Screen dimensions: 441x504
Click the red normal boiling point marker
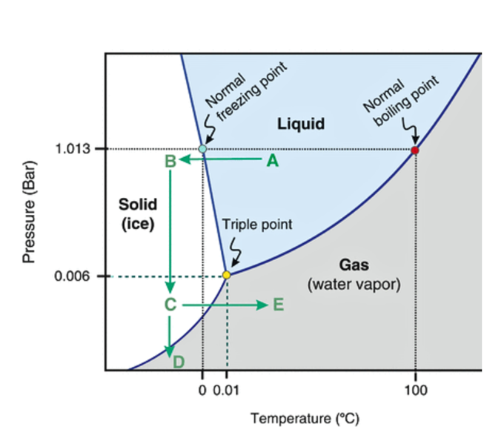(415, 150)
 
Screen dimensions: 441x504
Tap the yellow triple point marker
(227, 275)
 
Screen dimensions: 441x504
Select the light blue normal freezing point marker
(202, 149)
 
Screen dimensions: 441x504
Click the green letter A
(272, 161)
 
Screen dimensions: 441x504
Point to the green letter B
(170, 161)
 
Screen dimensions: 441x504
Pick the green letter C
(170, 304)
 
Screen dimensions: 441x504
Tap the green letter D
(179, 362)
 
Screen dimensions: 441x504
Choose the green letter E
(278, 305)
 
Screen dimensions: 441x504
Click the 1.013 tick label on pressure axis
(73, 149)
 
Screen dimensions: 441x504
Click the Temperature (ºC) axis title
(305, 419)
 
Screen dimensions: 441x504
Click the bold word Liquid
(302, 123)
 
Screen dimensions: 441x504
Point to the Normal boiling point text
(396, 102)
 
